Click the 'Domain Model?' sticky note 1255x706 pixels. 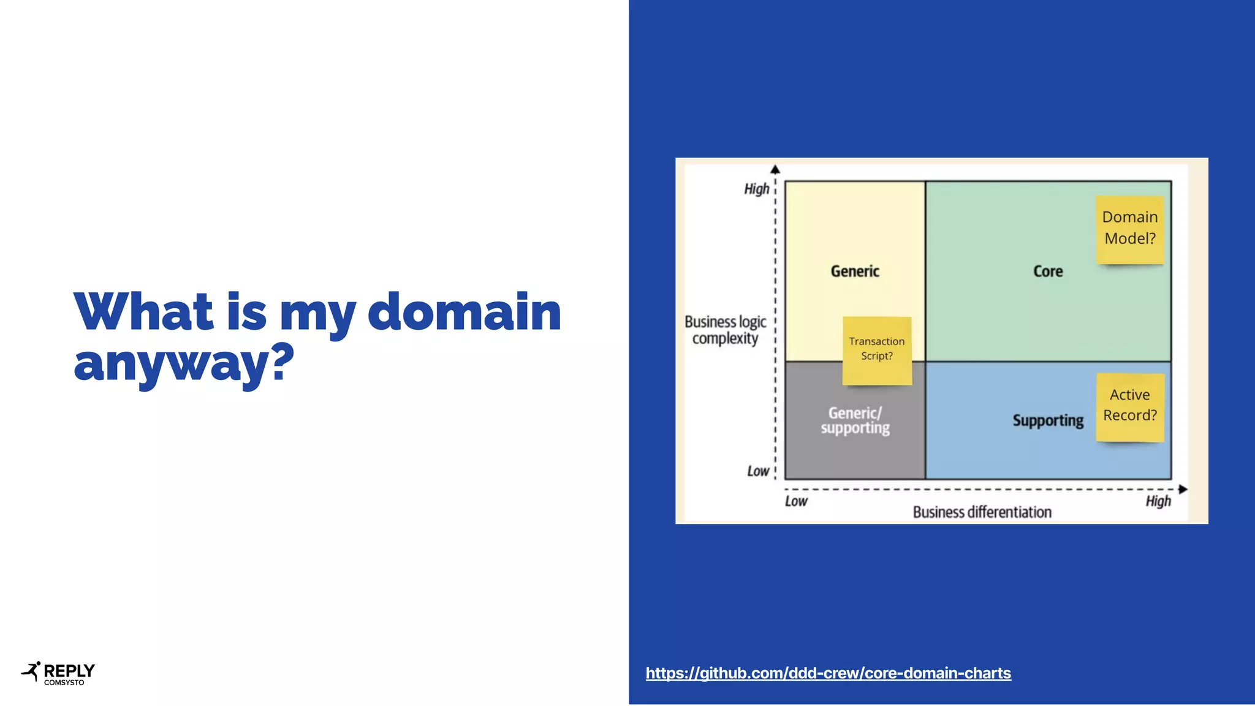tap(1129, 229)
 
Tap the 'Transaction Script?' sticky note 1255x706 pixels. tap(877, 350)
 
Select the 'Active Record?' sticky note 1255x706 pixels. tap(1130, 406)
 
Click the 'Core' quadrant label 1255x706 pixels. tap(1048, 271)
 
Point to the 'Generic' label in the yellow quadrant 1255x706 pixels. tap(855, 271)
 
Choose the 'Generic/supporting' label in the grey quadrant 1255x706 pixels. tap(855, 420)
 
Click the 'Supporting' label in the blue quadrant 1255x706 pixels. tap(1048, 420)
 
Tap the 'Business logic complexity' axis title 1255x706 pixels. tap(726, 330)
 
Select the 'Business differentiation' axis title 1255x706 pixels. tap(982, 512)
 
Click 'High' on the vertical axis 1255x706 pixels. tap(757, 189)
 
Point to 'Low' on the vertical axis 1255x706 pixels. tap(758, 471)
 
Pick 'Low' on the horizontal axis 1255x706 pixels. tap(796, 501)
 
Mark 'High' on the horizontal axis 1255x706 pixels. tap(1158, 501)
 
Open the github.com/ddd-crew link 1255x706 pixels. tap(828, 673)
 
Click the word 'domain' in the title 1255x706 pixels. tap(464, 312)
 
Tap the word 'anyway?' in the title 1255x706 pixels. tap(184, 363)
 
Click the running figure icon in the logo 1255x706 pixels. tap(31, 672)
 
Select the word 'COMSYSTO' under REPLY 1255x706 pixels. tap(64, 683)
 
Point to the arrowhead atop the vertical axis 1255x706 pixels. tap(775, 169)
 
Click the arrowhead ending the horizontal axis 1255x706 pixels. tap(1183, 489)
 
